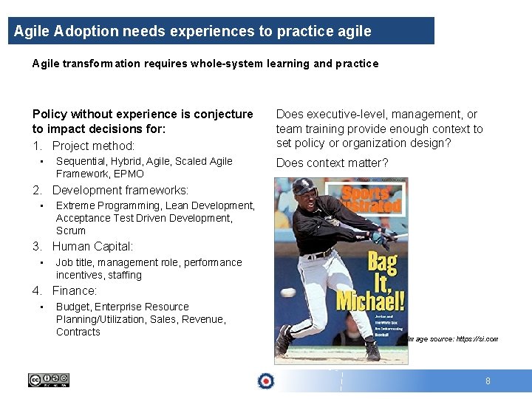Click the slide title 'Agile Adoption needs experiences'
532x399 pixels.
pyautogui.click(x=192, y=31)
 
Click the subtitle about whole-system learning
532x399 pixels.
pyautogui.click(x=205, y=64)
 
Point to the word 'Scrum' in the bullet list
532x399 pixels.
pyautogui.click(x=71, y=231)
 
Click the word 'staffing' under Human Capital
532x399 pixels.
pyautogui.click(x=124, y=275)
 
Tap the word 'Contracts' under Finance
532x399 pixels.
pyautogui.click(x=78, y=332)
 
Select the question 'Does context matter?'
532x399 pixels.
pyautogui.click(x=332, y=163)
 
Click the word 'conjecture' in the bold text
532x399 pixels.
pyautogui.click(x=218, y=114)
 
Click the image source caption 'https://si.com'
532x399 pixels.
pyautogui.click(x=452, y=339)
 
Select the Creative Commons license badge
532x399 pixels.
pyautogui.click(x=49, y=380)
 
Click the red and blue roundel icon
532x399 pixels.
pyautogui.click(x=265, y=381)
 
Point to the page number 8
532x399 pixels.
pyautogui.click(x=488, y=381)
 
